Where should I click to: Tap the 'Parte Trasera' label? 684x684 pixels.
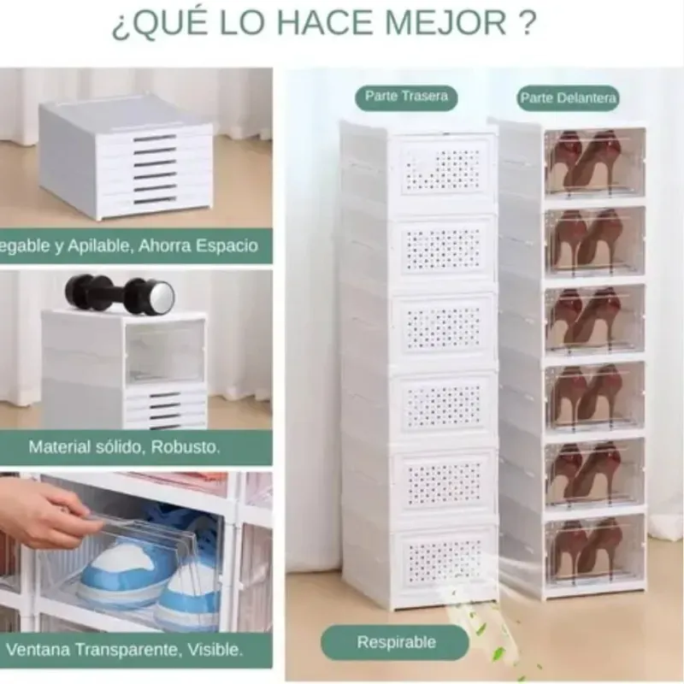click(406, 96)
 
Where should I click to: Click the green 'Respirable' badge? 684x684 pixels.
click(396, 642)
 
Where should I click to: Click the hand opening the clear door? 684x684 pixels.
click(47, 513)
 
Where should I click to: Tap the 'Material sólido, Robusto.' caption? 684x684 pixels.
click(124, 446)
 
